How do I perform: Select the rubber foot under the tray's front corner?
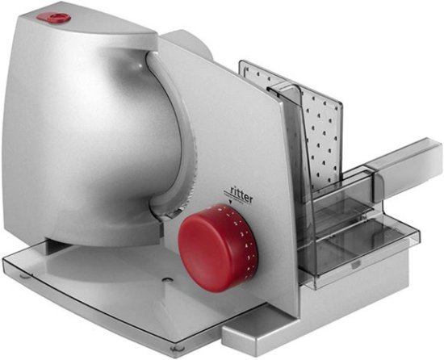[x=176, y=349]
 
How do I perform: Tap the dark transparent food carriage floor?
[x=355, y=242]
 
